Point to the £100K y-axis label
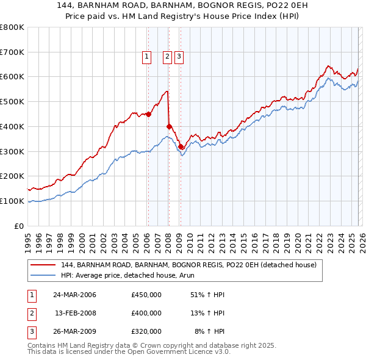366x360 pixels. [x=12, y=201]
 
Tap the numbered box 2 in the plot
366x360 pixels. [x=167, y=57]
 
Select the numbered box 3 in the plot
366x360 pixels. [x=179, y=57]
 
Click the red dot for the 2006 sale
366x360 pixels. [x=148, y=114]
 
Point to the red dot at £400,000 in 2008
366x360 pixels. [x=169, y=126]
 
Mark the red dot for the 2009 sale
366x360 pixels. [x=181, y=146]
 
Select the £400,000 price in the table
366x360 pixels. [x=146, y=313]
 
